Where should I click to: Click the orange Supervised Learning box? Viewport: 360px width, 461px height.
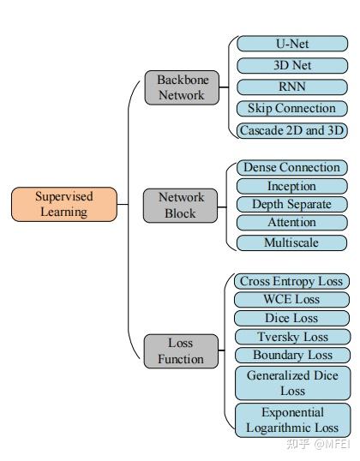63,204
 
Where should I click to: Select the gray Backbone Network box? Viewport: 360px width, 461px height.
181,87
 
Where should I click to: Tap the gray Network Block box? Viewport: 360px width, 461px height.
180,205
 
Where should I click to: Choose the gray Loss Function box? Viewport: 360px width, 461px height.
180,350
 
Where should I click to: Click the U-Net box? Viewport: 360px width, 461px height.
291,43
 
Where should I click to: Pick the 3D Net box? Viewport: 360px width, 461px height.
291,65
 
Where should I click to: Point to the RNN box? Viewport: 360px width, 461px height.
291,87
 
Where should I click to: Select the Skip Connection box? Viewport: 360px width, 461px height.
291,109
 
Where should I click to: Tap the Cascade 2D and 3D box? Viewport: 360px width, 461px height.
291,130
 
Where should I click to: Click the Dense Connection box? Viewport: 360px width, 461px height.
291,167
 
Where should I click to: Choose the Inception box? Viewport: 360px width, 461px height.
291,186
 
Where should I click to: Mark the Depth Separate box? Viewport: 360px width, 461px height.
291,205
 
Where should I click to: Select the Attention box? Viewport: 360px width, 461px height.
291,223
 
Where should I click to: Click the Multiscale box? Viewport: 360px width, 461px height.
291,242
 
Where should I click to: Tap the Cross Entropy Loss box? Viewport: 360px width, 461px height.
291,281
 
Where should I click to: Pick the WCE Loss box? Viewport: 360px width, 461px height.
291,300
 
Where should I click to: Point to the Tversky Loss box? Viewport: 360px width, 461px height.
291,337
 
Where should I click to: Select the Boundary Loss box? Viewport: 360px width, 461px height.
291,355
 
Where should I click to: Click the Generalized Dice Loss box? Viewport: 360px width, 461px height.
291,382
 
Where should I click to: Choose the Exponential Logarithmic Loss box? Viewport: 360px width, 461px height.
291,420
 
